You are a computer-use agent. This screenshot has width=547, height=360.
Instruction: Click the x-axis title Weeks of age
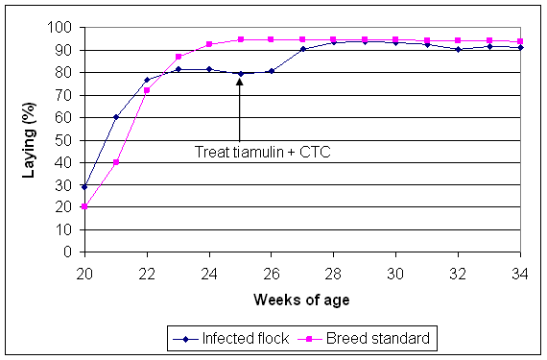click(302, 300)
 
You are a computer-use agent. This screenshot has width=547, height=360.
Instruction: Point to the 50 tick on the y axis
click(66, 140)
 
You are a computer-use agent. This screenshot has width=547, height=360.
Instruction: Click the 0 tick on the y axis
click(70, 252)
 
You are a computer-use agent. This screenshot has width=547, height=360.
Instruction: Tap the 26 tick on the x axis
click(272, 270)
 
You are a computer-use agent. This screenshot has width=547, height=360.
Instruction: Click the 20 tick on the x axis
click(84, 270)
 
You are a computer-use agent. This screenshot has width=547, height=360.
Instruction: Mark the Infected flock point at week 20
click(84, 187)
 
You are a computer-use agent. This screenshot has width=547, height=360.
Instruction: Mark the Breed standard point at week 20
click(84, 206)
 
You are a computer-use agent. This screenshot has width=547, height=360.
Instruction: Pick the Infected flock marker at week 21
click(115, 117)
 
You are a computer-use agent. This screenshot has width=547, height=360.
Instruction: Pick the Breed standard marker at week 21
click(115, 162)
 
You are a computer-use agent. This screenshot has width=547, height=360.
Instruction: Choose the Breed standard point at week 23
click(178, 57)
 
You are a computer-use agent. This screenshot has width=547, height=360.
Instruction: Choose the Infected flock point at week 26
click(272, 71)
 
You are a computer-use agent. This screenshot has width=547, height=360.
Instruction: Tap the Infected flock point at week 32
click(459, 49)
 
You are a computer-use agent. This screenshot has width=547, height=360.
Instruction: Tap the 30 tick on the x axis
click(396, 270)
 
